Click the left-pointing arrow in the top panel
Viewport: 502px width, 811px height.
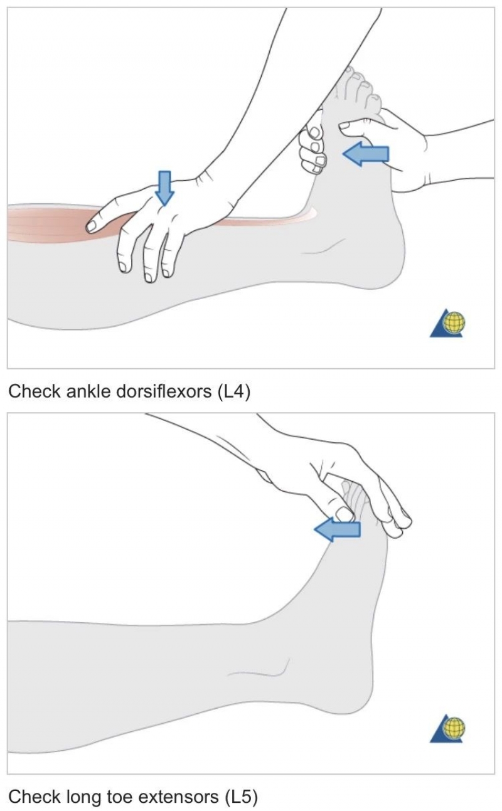pyautogui.click(x=365, y=154)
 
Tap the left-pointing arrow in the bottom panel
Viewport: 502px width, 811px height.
pyautogui.click(x=337, y=529)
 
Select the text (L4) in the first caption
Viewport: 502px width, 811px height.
pyautogui.click(x=234, y=392)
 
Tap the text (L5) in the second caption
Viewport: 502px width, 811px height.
pyautogui.click(x=241, y=797)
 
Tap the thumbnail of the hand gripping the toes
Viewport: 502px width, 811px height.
pyautogui.click(x=344, y=514)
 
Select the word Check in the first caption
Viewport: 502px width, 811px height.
pyautogui.click(x=35, y=391)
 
